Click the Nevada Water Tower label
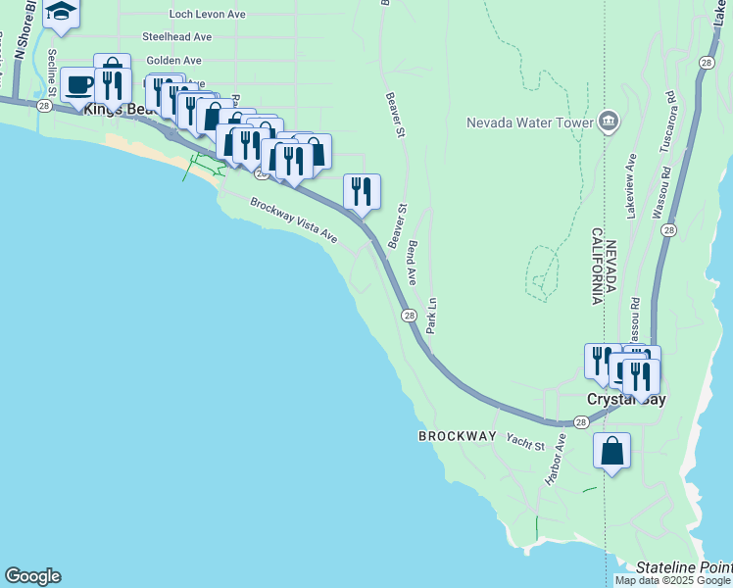point(529,122)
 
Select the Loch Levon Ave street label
point(207,15)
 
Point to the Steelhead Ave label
point(176,36)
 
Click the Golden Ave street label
point(173,61)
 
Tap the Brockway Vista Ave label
point(293,221)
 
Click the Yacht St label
point(525,442)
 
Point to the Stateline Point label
point(683,567)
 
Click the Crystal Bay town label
point(625,400)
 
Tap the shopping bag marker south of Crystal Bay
point(611,452)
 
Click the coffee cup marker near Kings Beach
point(79,84)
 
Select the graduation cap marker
point(62,12)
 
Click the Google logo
point(32,576)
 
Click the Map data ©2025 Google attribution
point(673,580)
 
